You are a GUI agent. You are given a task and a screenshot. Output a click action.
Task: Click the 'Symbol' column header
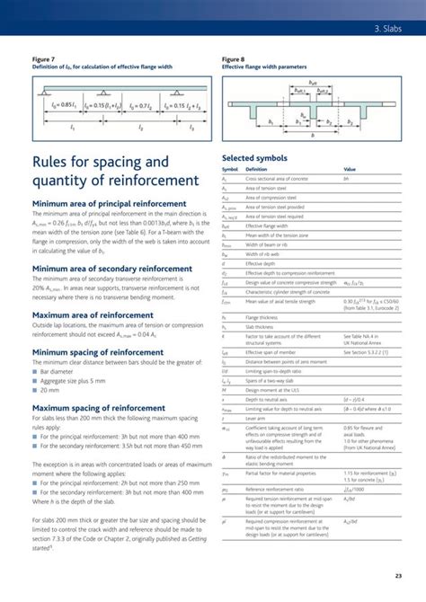tap(229, 169)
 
